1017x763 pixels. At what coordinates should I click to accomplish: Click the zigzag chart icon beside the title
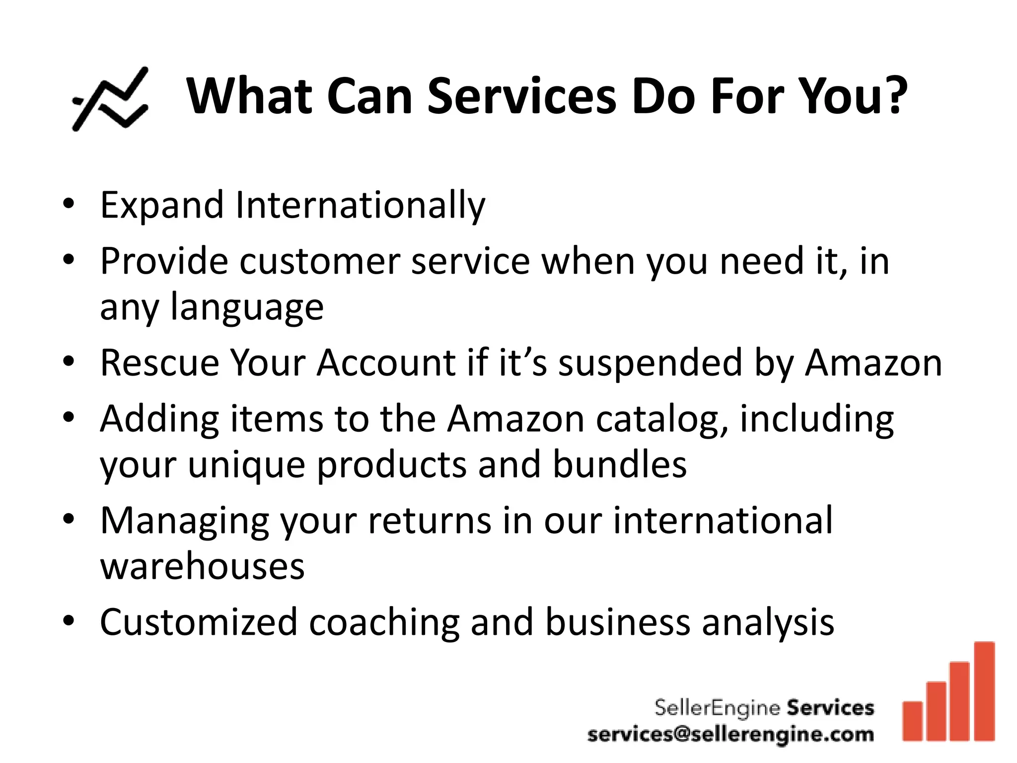(110, 99)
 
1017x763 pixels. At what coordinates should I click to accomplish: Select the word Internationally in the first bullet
(360, 205)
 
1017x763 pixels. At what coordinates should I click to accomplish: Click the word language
(247, 308)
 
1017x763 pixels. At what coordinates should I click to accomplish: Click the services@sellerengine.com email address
(730, 734)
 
